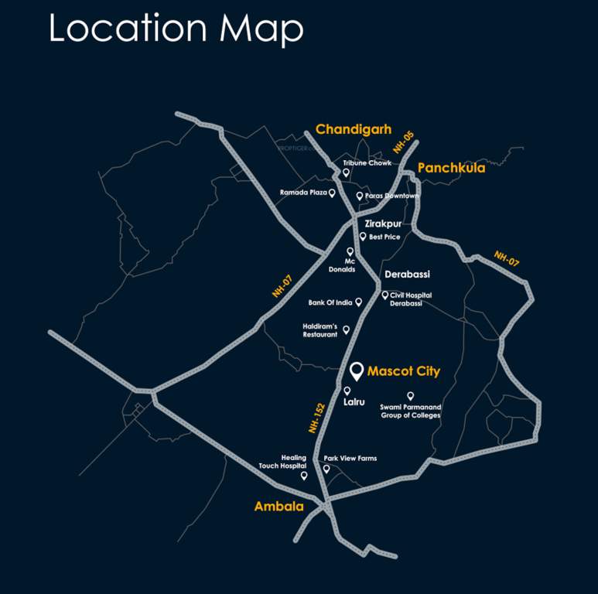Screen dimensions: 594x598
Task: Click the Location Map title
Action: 176,29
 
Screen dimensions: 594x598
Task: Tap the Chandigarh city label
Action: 354,129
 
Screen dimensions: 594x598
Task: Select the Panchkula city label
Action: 451,168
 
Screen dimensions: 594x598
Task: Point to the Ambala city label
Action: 278,507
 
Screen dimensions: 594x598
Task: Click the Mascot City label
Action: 403,371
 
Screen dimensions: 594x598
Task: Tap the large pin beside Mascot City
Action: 356,370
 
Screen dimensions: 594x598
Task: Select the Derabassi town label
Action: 407,275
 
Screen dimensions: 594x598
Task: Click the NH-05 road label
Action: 403,142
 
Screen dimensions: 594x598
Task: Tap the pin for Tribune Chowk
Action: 347,173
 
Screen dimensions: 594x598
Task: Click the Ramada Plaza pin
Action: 332,193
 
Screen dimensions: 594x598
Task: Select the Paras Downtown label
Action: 392,196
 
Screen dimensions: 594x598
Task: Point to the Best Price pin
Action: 363,236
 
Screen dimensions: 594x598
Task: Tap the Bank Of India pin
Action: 358,302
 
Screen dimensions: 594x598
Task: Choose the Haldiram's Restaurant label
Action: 320,330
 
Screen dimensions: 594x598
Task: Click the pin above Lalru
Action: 347,391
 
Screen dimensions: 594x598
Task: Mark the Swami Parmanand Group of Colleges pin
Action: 410,396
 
